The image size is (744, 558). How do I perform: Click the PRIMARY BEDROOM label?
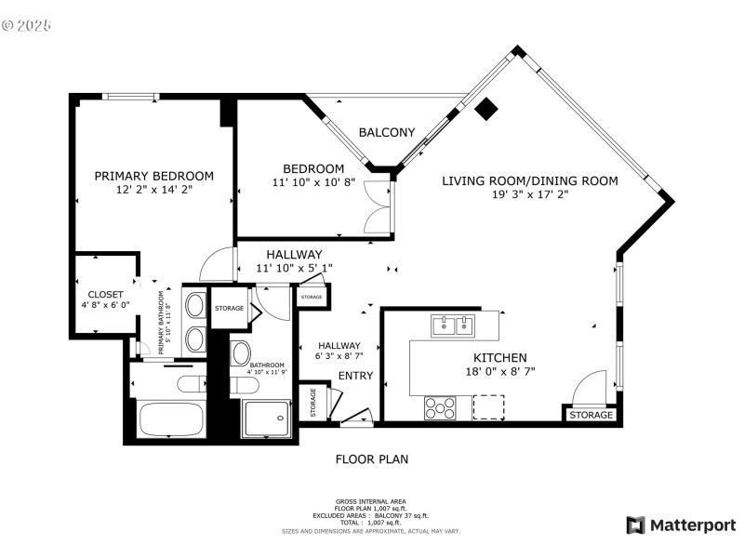coord(153,176)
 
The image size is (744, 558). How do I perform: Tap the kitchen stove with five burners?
coord(440,406)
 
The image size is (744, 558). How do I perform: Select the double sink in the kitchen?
coord(453,325)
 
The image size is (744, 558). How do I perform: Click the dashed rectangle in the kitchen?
coord(488,406)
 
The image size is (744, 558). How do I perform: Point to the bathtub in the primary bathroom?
coord(171,418)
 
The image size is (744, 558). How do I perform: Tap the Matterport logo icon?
coord(636,525)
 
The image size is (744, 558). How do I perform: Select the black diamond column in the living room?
coord(485,110)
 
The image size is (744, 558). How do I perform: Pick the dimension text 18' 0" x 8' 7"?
coord(500,371)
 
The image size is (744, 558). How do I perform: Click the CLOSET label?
coord(105,295)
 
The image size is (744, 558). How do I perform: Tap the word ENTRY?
coord(355,376)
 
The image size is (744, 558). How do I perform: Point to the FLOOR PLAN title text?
coord(371,459)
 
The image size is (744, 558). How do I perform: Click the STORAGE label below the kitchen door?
coord(591,415)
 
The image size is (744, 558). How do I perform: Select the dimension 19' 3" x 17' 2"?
coord(529,195)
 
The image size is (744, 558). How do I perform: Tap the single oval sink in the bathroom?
coord(240,352)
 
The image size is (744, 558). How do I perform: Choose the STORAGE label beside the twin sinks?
coord(228,308)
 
